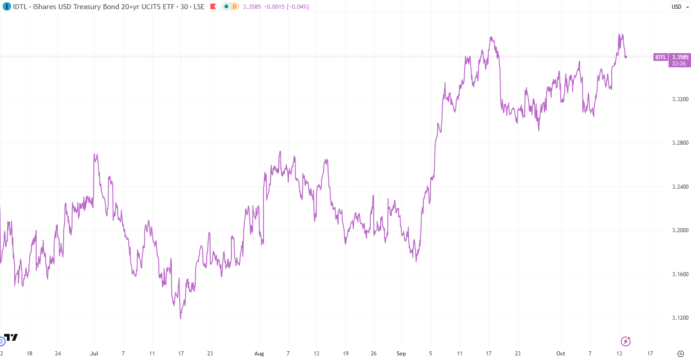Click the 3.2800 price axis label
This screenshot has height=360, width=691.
[680, 143]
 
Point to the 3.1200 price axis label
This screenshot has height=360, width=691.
[680, 318]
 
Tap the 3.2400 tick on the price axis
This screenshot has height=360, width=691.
[680, 187]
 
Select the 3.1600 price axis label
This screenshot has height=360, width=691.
[680, 274]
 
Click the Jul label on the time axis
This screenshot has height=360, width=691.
[94, 354]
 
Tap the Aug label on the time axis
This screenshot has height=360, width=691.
[259, 354]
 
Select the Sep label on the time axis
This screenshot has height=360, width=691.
[401, 354]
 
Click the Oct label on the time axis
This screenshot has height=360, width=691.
[561, 354]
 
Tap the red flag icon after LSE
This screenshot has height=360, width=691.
[213, 6]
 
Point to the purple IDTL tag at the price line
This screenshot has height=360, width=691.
[660, 57]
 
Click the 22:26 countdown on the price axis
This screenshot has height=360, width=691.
[679, 64]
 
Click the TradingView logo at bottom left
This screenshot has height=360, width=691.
[11, 338]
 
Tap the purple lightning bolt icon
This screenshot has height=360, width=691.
[625, 341]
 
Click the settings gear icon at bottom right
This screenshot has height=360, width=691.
[680, 354]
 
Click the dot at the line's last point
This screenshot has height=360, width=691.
[626, 57]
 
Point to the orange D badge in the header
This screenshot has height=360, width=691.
[234, 6]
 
